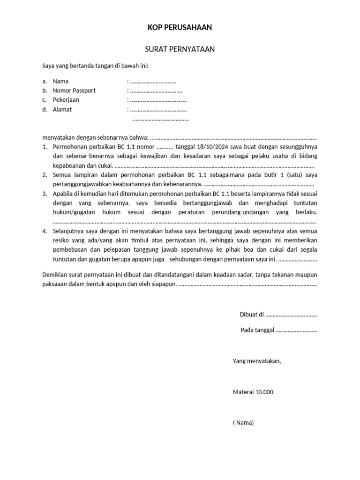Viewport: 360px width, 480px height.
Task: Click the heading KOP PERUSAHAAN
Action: (x=180, y=28)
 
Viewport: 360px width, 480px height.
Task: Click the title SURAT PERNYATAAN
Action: (x=180, y=49)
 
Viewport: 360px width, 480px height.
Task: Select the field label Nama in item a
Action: (x=60, y=82)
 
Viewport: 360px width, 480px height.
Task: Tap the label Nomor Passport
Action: (x=74, y=90)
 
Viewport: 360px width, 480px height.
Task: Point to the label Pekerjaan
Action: (x=66, y=100)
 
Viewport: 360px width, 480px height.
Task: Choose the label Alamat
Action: (x=62, y=110)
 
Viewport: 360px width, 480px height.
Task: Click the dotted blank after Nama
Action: (x=153, y=82)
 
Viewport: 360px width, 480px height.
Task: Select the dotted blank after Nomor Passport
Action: (x=156, y=91)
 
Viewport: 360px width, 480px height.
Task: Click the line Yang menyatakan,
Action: (x=256, y=361)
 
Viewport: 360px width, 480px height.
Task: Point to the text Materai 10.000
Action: (x=253, y=392)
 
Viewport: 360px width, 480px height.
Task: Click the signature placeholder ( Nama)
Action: (x=243, y=423)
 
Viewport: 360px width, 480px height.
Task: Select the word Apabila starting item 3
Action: (x=63, y=194)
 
